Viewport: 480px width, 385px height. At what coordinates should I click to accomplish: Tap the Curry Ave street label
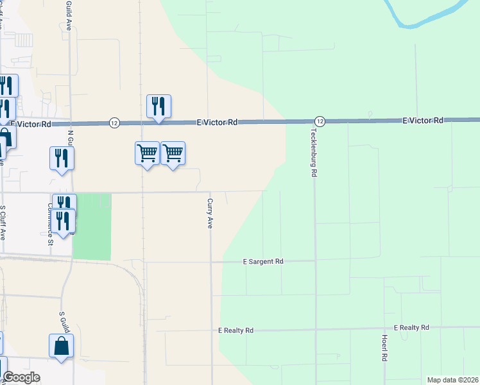(209, 213)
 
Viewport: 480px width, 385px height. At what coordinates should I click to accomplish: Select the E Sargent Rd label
(262, 262)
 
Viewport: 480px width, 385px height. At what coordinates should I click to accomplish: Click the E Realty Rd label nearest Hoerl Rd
(411, 328)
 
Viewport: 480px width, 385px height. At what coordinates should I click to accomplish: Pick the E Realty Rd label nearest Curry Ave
(236, 330)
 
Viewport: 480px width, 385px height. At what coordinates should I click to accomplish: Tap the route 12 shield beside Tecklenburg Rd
(320, 121)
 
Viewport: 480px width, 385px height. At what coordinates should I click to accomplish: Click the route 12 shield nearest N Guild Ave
(114, 123)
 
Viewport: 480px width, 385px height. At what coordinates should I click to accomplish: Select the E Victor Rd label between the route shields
(217, 122)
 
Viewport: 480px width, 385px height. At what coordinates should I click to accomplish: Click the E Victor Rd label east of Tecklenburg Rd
(423, 121)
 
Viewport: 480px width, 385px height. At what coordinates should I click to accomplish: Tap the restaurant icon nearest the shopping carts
(159, 106)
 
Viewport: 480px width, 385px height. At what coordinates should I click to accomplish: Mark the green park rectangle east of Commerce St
(92, 227)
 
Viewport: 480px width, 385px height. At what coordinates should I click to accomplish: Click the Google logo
(21, 377)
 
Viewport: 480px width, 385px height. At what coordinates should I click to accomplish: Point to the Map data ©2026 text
(453, 380)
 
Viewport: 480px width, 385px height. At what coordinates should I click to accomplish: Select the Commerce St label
(49, 224)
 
